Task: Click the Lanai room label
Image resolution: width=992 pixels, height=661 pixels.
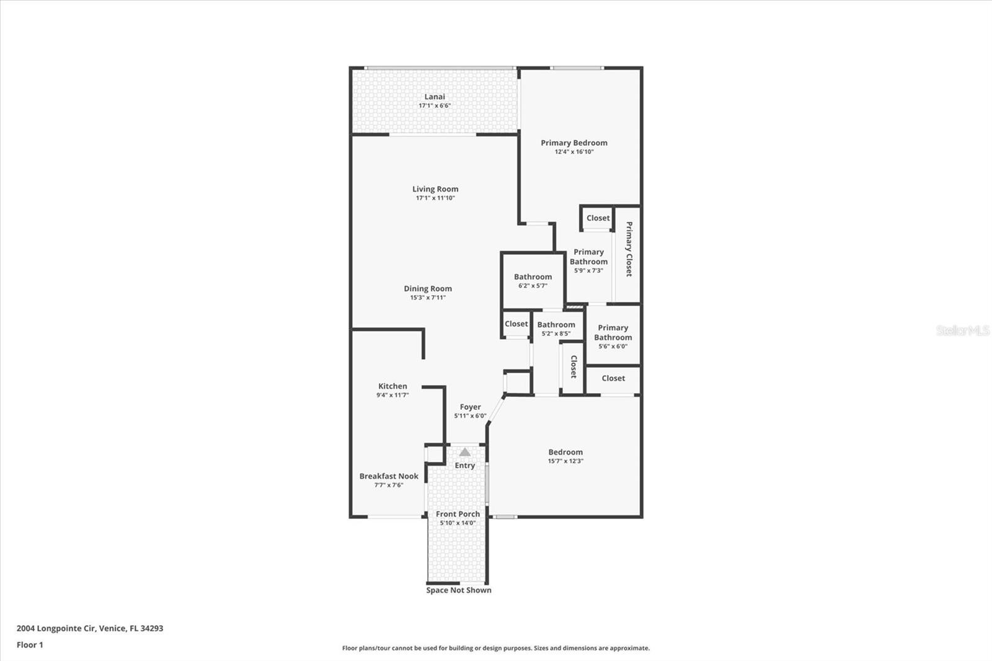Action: point(435,97)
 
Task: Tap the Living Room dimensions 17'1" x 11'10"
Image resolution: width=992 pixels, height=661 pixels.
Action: point(435,198)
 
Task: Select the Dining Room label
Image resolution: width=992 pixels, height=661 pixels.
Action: point(428,288)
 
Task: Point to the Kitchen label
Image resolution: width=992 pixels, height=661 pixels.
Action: point(392,386)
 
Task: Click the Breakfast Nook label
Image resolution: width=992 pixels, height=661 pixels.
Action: point(389,476)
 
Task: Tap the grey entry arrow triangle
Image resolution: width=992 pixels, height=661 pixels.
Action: point(464,452)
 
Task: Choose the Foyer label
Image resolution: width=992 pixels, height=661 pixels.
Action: point(471,407)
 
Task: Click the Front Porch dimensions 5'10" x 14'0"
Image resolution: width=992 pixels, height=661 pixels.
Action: point(458,523)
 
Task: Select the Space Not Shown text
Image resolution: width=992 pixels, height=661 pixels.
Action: point(459,590)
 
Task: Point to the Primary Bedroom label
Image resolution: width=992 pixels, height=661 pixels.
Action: point(574,143)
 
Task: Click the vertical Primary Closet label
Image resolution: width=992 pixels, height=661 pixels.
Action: point(629,249)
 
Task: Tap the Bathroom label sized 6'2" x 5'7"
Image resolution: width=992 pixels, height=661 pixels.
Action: point(533,277)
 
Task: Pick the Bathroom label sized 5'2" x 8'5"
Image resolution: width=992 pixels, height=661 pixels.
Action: point(556,324)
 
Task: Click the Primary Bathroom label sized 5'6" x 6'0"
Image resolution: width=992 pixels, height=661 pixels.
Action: point(613,332)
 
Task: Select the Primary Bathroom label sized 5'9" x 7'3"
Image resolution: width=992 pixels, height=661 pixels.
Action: point(588,257)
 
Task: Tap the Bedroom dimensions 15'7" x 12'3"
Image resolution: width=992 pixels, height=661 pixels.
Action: point(565,461)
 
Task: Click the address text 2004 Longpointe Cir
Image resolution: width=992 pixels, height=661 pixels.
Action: point(56,628)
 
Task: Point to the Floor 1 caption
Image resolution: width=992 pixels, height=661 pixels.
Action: point(30,645)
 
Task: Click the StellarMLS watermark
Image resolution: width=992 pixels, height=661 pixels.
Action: point(963,330)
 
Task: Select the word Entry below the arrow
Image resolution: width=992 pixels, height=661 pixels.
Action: point(464,465)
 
